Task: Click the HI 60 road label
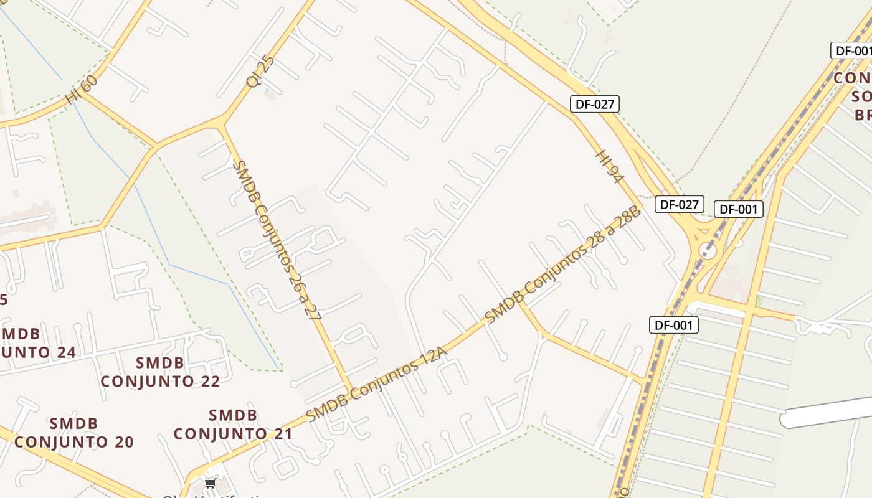pos(82,90)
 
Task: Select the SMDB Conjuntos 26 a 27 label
pos(277,240)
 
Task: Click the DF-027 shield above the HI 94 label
pos(595,104)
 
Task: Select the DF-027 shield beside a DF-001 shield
pos(679,204)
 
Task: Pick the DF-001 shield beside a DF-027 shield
pos(738,209)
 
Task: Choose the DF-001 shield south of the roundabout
pos(674,324)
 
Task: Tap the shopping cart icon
pos(210,483)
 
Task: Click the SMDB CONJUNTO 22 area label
pos(160,372)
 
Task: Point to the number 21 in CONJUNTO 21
pos(279,433)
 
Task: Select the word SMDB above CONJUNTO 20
pos(73,423)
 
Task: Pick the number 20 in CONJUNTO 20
pos(121,442)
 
